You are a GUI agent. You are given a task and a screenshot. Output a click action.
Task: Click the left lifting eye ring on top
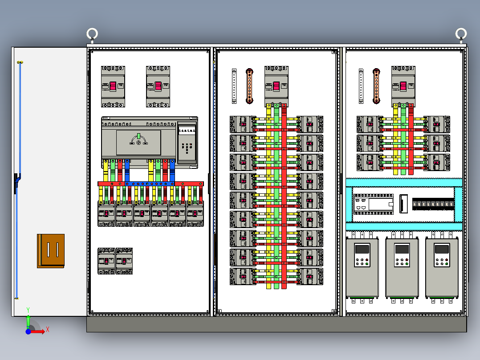coord(92,33)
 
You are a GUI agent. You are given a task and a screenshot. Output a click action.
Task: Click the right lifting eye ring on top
coord(461,33)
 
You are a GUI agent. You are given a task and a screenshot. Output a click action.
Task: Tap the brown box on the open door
coord(51,251)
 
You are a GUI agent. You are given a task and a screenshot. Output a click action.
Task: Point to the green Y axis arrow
coord(28,320)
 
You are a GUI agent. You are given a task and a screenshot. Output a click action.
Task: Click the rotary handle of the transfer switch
coord(138,141)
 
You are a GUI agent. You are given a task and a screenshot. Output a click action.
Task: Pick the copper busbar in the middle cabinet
coord(250,86)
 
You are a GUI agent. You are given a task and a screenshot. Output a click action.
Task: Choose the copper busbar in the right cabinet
coord(376,86)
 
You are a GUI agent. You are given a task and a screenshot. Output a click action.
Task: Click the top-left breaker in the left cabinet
coord(113,86)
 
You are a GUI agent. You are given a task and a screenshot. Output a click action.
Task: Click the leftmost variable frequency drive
coord(362,269)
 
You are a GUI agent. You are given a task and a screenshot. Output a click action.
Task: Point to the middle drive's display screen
coord(402,249)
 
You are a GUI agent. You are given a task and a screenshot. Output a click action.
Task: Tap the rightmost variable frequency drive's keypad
coord(442,261)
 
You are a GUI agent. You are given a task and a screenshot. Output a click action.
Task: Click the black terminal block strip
coord(433,205)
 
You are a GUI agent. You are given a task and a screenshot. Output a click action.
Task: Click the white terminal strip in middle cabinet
coord(234,86)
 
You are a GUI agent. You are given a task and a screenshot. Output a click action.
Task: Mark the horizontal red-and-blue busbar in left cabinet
coord(151,184)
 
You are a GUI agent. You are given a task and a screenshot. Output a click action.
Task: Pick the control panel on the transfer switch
coord(187,142)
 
